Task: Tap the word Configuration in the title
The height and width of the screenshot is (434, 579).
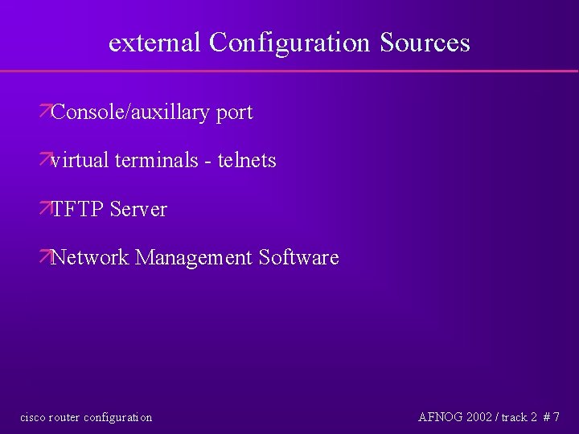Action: [285, 43]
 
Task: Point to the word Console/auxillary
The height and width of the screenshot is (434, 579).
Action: [129, 113]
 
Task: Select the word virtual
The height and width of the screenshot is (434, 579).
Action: [80, 161]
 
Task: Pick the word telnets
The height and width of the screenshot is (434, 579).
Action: [247, 161]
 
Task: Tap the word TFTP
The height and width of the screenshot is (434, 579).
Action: [77, 210]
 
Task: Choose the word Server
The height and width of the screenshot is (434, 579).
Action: [138, 210]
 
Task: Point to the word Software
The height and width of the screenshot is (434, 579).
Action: [298, 258]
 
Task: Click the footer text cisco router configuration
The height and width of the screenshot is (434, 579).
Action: [85, 417]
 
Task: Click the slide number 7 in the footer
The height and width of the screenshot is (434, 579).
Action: [556, 417]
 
